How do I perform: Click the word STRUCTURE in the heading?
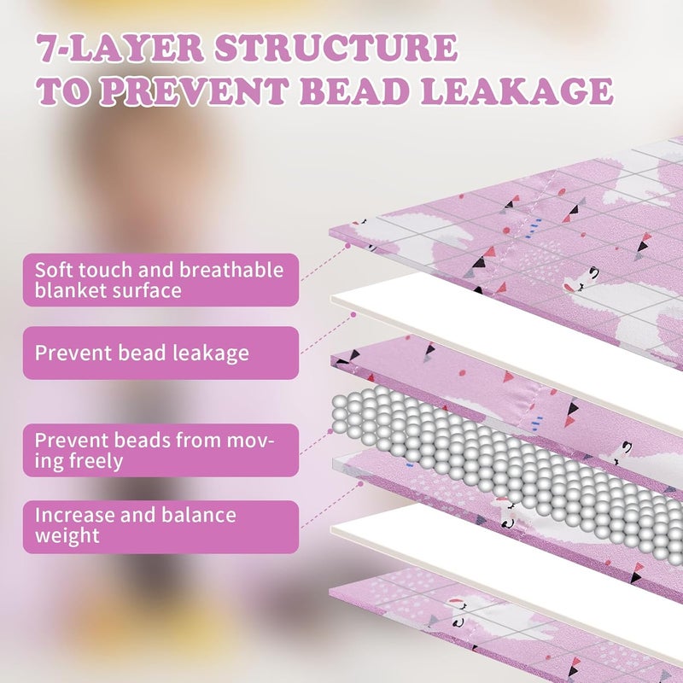pyautogui.click(x=336, y=47)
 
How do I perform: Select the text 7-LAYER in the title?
pyautogui.click(x=120, y=47)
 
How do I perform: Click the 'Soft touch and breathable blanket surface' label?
pyautogui.click(x=161, y=280)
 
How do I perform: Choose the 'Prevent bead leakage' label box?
pyautogui.click(x=161, y=353)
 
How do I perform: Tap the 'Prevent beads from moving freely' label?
pyautogui.click(x=161, y=450)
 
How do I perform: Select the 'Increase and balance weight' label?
pyautogui.click(x=161, y=527)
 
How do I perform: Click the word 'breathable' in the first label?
pyautogui.click(x=231, y=270)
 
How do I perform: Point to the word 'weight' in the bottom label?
pyautogui.click(x=67, y=536)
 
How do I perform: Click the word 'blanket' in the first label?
pyautogui.click(x=70, y=290)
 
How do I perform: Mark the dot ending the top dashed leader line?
pyautogui.click(x=347, y=246)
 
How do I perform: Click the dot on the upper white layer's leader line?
pyautogui.click(x=353, y=314)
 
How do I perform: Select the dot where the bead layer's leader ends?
pyautogui.click(x=330, y=432)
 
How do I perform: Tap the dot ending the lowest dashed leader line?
pyautogui.click(x=360, y=483)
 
